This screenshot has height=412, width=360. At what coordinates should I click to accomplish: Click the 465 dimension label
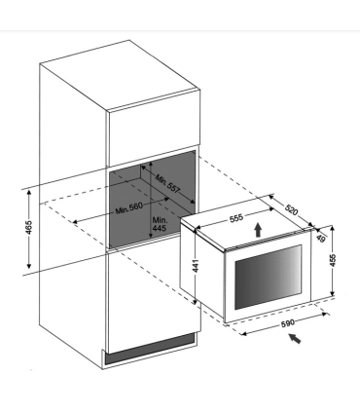pyautogui.click(x=29, y=227)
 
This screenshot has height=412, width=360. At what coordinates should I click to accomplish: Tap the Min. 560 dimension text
pyautogui.click(x=129, y=208)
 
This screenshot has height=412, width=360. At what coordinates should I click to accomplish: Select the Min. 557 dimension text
pyautogui.click(x=167, y=184)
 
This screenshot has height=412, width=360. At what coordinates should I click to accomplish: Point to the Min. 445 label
pyautogui.click(x=160, y=224)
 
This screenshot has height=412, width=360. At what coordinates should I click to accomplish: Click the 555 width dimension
pyautogui.click(x=236, y=218)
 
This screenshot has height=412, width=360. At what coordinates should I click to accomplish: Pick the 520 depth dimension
pyautogui.click(x=291, y=209)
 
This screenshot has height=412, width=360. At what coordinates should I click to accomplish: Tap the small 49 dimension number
pyautogui.click(x=320, y=239)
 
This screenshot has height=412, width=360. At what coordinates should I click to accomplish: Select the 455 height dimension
pyautogui.click(x=333, y=260)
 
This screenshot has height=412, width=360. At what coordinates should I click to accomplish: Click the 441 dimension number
pyautogui.click(x=196, y=266)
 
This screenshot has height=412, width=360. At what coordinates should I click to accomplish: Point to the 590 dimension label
pyautogui.click(x=288, y=323)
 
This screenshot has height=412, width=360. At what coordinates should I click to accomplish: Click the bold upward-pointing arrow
pyautogui.click(x=258, y=230)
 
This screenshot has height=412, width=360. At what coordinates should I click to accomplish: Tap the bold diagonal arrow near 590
pyautogui.click(x=295, y=338)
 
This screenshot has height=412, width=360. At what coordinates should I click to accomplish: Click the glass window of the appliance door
pyautogui.click(x=268, y=277)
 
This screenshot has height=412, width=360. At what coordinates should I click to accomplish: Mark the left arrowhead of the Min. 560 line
pyautogui.click(x=75, y=222)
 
